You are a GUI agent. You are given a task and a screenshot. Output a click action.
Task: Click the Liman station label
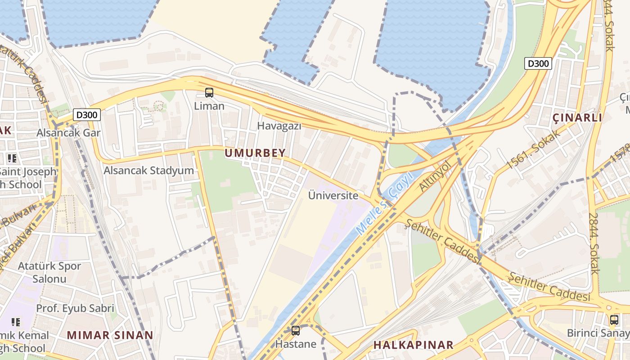209,106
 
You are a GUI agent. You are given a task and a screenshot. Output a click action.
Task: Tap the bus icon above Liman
209,93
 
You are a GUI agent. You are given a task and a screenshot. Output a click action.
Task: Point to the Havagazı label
279,126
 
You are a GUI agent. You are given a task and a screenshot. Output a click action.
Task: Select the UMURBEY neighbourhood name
255,153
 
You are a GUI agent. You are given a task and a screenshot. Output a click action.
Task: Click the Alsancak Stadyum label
149,171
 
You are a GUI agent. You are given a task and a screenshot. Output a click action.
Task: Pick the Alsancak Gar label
68,133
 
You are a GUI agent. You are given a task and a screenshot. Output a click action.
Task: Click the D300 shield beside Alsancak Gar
87,115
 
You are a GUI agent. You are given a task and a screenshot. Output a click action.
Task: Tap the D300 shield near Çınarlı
538,63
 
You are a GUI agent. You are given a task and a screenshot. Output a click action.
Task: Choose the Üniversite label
333,195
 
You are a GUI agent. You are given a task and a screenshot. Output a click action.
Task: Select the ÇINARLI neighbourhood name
577,118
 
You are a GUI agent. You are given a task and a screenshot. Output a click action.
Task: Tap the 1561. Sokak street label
534,149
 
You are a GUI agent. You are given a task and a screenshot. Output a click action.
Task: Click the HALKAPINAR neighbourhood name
413,345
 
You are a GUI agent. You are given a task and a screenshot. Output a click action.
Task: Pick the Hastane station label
296,344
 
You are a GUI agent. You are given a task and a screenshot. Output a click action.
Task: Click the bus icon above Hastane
296,331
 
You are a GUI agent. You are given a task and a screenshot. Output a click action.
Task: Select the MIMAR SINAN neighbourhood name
110,335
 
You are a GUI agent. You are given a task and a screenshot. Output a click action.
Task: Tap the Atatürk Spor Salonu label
49,272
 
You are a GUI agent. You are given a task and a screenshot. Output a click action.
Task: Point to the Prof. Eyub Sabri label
75,309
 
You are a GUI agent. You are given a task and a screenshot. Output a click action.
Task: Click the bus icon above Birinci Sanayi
614,320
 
